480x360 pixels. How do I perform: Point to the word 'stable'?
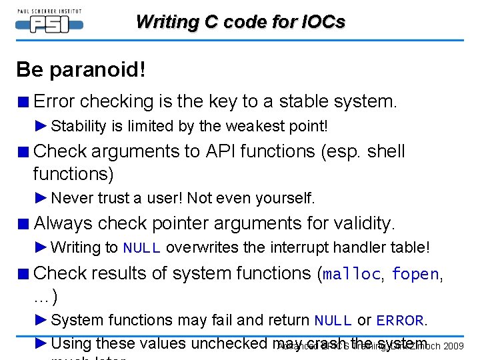click(303, 101)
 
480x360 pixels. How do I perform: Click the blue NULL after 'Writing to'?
click(141, 248)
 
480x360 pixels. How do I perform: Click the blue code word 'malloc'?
click(353, 274)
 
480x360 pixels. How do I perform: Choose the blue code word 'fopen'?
click(415, 274)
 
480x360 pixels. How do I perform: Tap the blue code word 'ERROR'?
click(400, 321)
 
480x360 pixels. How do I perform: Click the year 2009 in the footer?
click(453, 346)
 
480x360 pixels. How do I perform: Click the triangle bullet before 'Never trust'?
click(41, 198)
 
